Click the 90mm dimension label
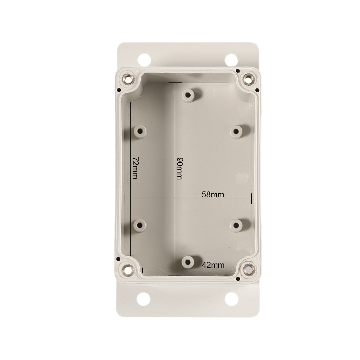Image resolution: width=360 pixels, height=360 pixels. [x=179, y=169]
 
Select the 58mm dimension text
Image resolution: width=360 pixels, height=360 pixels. [x=213, y=194]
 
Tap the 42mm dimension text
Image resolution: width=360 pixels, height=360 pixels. [x=213, y=265]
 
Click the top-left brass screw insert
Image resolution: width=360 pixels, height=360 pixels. [x=126, y=79]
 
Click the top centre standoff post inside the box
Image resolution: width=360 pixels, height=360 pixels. [x=188, y=95]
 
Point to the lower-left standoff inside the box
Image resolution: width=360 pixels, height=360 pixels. [x=140, y=225]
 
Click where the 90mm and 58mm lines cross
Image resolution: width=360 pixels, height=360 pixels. [x=175, y=199]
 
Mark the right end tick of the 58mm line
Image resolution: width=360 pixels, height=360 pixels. [x=251, y=199]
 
